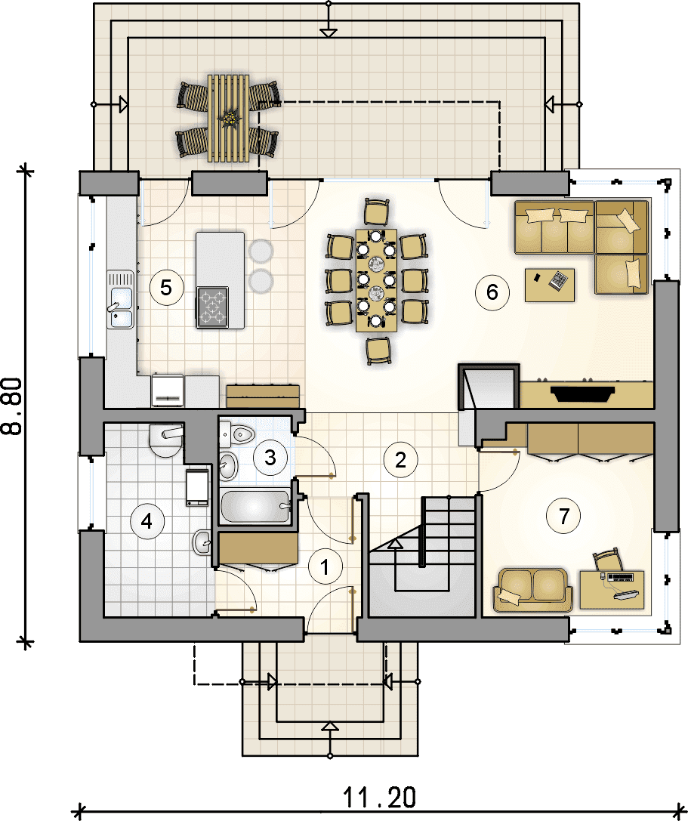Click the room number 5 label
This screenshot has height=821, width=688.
[166, 288]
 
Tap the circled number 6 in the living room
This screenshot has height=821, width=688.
[492, 292]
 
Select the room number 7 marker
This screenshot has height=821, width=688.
[563, 517]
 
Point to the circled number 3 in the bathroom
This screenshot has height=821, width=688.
[270, 458]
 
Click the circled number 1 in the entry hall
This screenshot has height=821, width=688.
[325, 567]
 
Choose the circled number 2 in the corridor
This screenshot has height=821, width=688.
[400, 460]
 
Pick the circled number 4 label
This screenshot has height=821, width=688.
[147, 521]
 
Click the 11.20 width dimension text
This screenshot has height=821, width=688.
[379, 798]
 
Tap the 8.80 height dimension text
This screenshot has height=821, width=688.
[13, 406]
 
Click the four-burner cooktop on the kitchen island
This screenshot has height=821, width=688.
[212, 307]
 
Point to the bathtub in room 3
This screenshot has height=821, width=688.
[255, 506]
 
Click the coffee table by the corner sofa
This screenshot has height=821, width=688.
[549, 285]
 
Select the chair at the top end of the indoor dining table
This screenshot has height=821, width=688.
[376, 212]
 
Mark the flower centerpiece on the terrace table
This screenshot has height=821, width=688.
[228, 118]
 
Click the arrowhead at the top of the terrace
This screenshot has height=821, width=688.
[329, 32]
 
